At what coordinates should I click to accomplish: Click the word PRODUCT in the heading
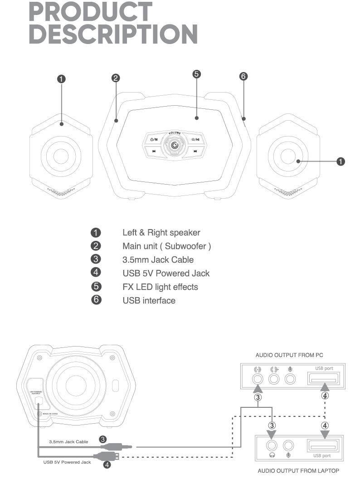tap(91, 12)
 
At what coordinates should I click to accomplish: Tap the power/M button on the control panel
tap(154, 139)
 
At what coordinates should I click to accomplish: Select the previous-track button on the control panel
tap(155, 152)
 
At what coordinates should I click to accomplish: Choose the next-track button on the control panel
tap(195, 152)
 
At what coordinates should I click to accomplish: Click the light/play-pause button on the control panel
tap(195, 139)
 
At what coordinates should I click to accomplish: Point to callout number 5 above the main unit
tap(197, 74)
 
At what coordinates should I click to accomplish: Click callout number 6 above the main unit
tap(243, 76)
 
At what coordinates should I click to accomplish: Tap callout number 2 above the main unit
tap(116, 78)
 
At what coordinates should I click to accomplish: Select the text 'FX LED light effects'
tap(160, 287)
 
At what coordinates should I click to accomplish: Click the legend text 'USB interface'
tap(149, 300)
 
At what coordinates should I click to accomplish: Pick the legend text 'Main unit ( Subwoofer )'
tap(166, 246)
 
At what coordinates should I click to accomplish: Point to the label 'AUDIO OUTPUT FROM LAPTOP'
tap(298, 470)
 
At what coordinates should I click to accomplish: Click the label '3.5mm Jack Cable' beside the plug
tap(68, 441)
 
